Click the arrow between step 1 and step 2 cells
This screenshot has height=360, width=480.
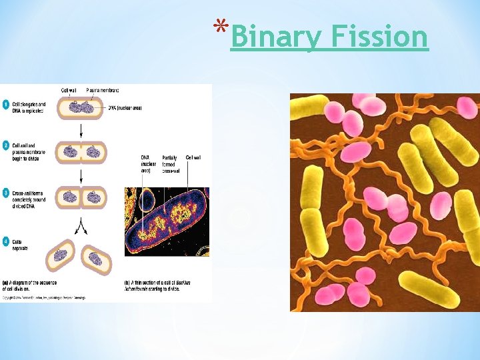(81, 129)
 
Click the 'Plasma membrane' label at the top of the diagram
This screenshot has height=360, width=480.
(103, 90)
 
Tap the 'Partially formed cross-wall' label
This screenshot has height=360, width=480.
(171, 164)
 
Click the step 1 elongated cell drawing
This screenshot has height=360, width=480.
(81, 108)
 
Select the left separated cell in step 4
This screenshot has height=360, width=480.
(61, 253)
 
